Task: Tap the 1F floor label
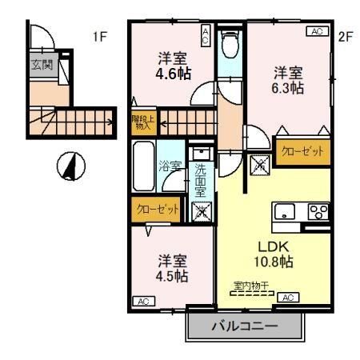click(x=99, y=37)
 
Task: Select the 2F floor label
click(x=345, y=36)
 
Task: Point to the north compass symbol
click(x=71, y=166)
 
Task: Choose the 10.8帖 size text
click(x=274, y=262)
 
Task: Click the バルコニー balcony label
click(x=244, y=326)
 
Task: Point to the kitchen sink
click(x=284, y=212)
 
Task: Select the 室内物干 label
click(x=250, y=285)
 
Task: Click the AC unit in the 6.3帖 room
click(x=317, y=32)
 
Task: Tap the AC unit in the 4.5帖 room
click(x=145, y=301)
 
